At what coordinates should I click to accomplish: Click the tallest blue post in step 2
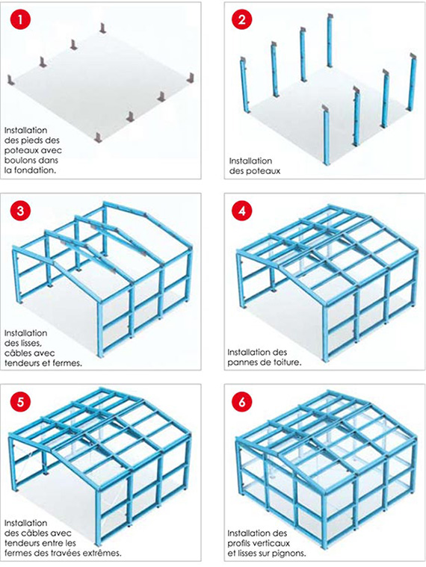pyautogui.click(x=330, y=40)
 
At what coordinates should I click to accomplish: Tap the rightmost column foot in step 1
pyautogui.click(x=191, y=78)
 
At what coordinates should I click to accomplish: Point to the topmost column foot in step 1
pyautogui.click(x=103, y=28)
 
